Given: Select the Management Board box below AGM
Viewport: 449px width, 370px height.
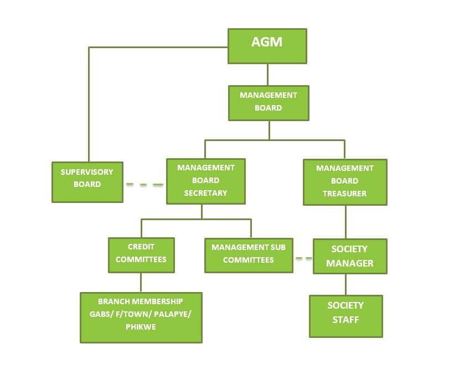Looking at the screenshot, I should [x=269, y=102].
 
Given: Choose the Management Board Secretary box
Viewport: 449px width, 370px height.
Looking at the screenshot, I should [x=205, y=181].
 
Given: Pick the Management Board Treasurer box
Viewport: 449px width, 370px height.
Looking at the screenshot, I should [x=345, y=182].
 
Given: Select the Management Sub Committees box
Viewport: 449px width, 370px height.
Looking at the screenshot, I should [x=249, y=255].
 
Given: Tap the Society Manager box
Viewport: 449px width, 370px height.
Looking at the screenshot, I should [x=349, y=256].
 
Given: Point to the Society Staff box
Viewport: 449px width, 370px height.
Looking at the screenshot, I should [x=345, y=316].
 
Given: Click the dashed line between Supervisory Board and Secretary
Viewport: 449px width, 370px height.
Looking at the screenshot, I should [x=144, y=184].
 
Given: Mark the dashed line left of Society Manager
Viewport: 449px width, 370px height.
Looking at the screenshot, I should [x=303, y=258].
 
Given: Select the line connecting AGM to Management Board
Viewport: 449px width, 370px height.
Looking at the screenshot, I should [x=269, y=74].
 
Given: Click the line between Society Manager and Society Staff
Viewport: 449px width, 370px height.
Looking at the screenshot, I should [x=346, y=284].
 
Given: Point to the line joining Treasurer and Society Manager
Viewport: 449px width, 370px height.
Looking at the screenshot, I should [x=346, y=222].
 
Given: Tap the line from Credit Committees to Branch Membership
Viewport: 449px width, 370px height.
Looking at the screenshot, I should [x=141, y=282].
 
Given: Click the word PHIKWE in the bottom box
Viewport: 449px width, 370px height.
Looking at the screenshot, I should [x=141, y=327].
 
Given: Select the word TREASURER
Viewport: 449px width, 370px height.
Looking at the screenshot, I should [x=345, y=194].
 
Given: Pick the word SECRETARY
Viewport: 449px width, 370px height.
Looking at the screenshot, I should [x=205, y=193].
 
